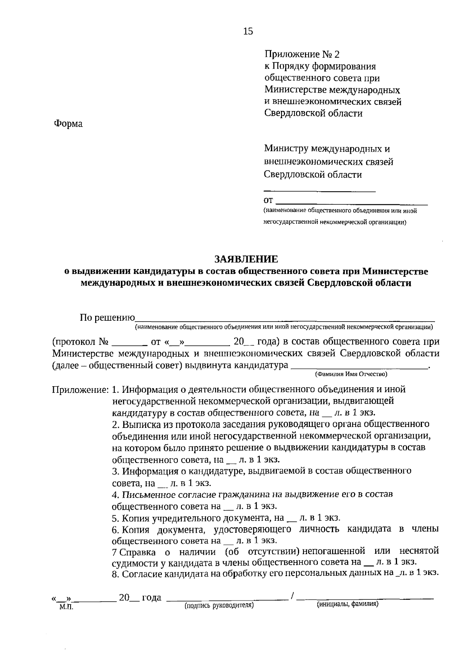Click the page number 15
pos(248,32)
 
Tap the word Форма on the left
pos(68,124)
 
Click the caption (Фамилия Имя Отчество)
pos(351,374)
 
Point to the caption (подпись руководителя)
pos(219,605)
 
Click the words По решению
pos(107,318)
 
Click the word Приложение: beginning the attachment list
pos(80,389)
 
